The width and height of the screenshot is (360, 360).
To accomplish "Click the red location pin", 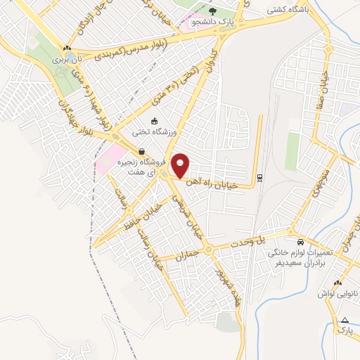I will coord(181,165).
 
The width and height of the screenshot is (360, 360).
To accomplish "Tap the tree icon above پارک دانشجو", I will coord(213,12).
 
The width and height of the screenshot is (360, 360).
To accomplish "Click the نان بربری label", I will coord(70,60).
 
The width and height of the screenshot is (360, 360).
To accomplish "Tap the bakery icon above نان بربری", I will coord(67,49).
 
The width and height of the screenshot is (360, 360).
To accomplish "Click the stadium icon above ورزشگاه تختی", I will coord(154,121).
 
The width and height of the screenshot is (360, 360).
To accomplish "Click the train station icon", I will coord(260,176).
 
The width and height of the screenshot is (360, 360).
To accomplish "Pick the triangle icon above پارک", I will coord(344,320).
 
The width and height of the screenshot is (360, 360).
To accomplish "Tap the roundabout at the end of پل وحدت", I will coord(292,231).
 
